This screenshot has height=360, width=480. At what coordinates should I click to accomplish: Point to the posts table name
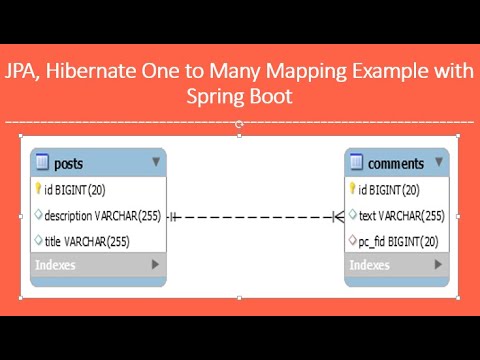(68, 163)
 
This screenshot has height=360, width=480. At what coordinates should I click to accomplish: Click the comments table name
(396, 163)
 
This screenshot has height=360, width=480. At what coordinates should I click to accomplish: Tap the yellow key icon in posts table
(39, 188)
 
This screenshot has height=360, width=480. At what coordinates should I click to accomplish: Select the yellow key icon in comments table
(352, 188)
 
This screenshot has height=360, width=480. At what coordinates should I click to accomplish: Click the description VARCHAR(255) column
(102, 215)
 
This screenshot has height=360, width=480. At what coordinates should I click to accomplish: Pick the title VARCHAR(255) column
(87, 241)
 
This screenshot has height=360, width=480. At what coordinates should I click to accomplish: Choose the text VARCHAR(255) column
(401, 215)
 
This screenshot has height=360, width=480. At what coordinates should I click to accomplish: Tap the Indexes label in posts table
(55, 265)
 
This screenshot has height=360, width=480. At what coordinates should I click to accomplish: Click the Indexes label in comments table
(369, 265)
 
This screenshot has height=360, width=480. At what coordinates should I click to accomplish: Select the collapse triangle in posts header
(156, 161)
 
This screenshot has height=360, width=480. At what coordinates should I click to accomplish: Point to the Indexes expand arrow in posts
(156, 265)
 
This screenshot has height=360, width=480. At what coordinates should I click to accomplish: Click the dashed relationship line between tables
(255, 215)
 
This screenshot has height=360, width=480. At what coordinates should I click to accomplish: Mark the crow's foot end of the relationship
(338, 215)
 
